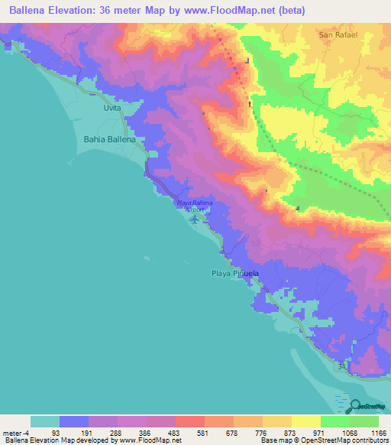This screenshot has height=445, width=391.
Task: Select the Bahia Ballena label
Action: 109,140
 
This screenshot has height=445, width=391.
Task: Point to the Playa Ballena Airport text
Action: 195,206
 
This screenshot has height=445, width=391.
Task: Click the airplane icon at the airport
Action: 195,219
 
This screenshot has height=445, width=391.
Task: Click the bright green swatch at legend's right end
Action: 364,421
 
